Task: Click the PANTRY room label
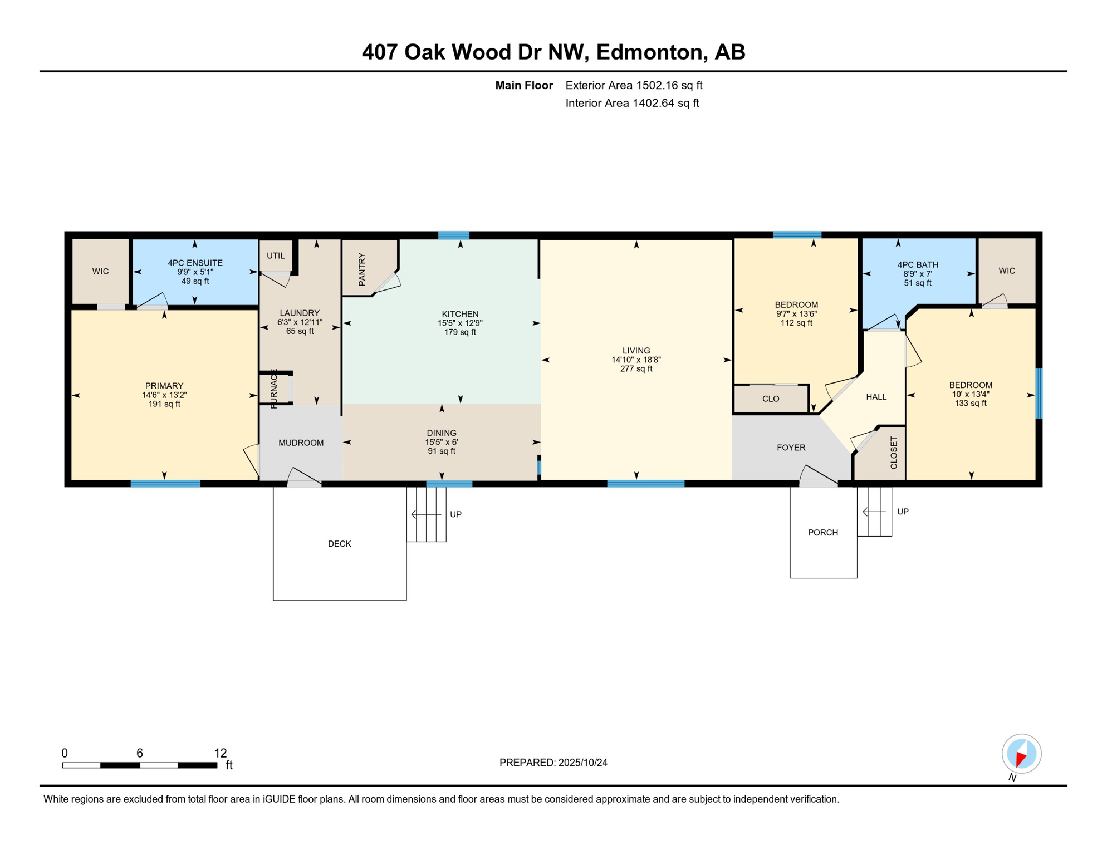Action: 362,269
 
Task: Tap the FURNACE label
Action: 274,389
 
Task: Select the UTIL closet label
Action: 276,255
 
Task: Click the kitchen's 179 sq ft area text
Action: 460,332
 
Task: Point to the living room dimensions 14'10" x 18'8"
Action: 636,360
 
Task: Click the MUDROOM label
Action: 301,443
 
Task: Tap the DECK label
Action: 339,544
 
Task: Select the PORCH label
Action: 822,533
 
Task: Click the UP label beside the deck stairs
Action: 455,514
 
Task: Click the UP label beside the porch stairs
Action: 903,512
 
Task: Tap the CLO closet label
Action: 771,399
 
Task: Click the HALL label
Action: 876,397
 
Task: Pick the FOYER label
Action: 791,448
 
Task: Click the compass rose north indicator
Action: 1021,754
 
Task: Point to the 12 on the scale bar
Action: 221,753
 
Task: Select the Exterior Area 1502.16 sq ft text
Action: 634,85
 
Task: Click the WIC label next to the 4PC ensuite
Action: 100,271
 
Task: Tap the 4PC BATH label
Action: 918,265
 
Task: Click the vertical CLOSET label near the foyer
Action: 894,453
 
